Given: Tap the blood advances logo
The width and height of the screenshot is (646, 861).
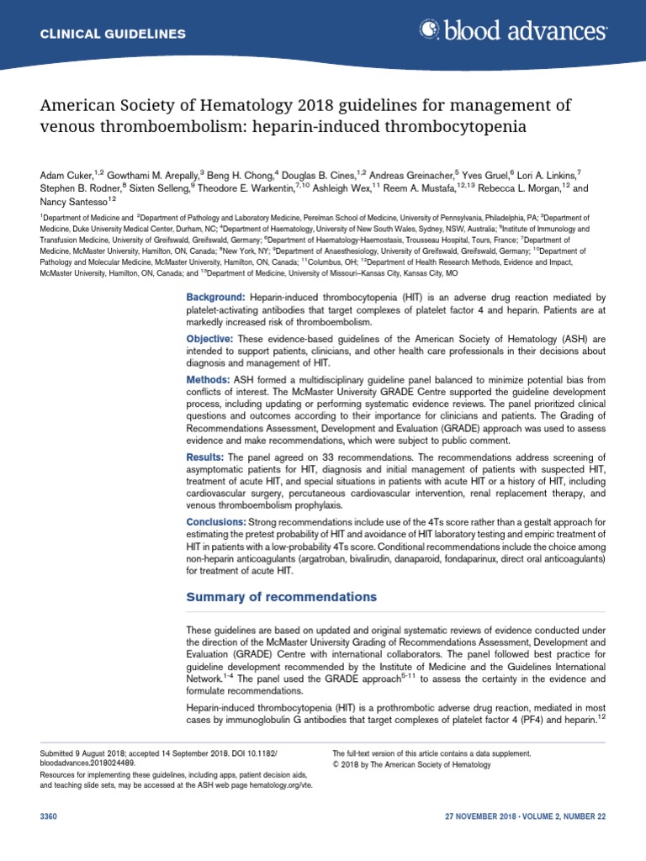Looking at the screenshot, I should pos(513,32).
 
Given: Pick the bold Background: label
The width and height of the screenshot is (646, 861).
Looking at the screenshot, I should pos(215,298).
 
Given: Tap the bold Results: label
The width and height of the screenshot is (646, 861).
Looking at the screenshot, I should pos(208,457).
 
